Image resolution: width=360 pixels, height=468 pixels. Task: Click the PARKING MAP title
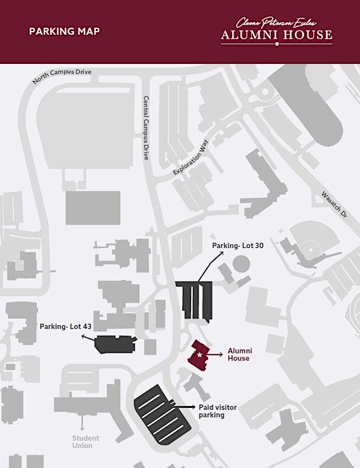[x=64, y=32]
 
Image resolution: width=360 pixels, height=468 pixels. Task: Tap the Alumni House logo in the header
[x=276, y=32]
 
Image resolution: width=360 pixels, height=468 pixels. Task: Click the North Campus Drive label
[x=62, y=76]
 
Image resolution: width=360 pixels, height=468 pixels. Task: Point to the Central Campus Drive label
[x=146, y=128]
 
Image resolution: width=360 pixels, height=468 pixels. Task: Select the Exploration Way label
[x=190, y=157]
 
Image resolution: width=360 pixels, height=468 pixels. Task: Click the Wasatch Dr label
[x=335, y=204]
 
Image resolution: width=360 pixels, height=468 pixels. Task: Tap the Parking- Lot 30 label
[x=238, y=245]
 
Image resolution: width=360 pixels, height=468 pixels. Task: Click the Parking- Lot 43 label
[x=65, y=326]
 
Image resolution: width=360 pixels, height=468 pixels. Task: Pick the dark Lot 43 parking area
[x=115, y=345]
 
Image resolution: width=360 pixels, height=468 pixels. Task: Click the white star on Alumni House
[x=199, y=355]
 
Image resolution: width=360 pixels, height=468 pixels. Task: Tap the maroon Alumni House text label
[x=240, y=354]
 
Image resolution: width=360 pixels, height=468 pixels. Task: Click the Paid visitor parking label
[x=218, y=411]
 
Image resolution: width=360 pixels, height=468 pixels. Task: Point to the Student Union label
[x=85, y=441]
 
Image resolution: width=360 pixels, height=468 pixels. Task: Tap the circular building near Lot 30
[x=241, y=264]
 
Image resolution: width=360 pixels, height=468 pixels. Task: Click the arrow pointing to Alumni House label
[x=214, y=354]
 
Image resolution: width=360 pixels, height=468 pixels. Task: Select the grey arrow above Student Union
[x=82, y=422]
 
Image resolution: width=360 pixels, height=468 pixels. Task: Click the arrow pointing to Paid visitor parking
[x=185, y=407]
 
